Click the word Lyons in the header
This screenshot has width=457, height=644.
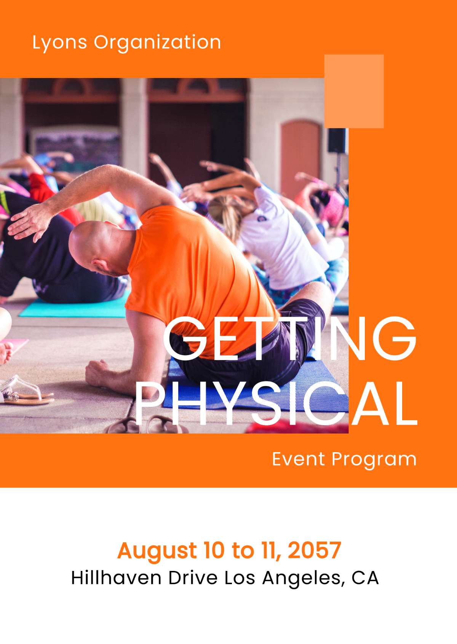point(59,42)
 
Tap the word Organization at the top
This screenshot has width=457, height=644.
point(157,42)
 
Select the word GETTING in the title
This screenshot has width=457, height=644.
point(289,338)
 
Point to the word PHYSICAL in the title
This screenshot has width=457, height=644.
point(276,403)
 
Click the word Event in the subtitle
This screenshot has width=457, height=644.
point(299,459)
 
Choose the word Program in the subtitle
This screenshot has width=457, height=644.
point(374,460)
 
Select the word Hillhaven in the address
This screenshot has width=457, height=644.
point(116,578)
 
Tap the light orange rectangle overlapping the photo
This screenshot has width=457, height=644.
point(354,91)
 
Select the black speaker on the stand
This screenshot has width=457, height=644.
point(337,140)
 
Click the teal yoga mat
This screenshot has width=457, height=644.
point(72,309)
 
